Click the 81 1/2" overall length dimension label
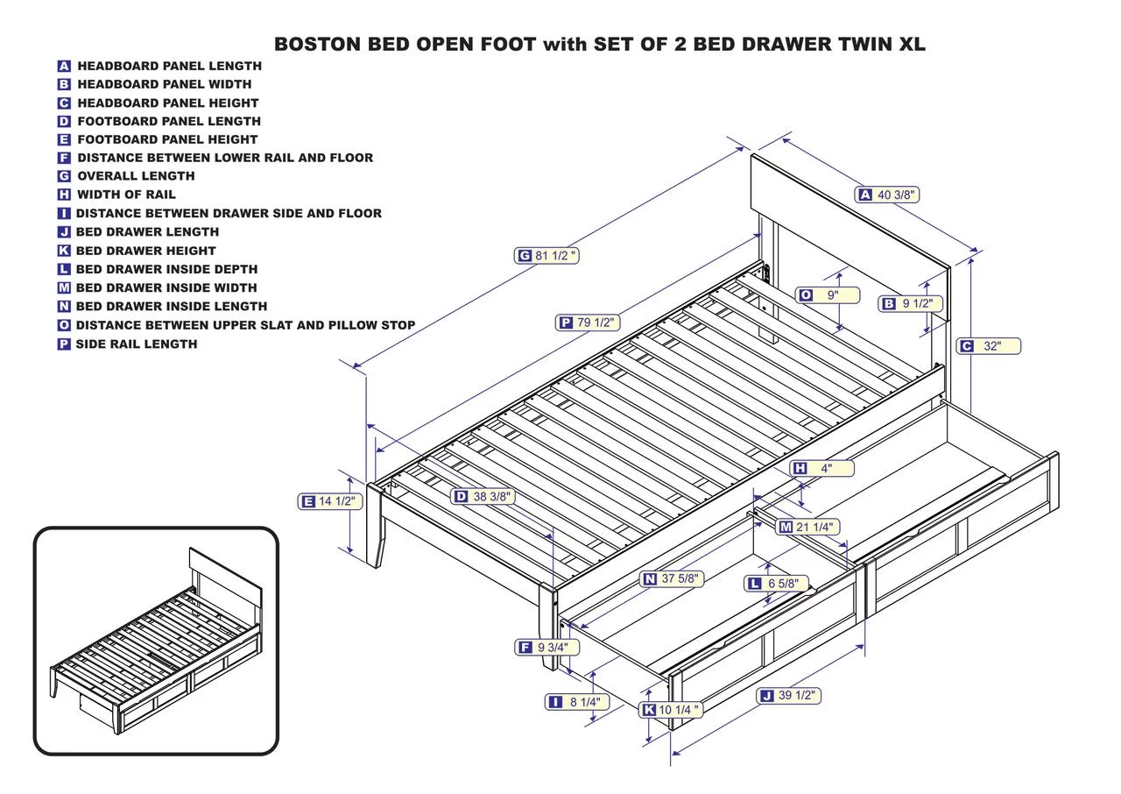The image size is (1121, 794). point(547,256)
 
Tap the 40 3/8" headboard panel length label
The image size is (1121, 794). point(888,195)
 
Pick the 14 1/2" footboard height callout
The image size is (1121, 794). point(329,501)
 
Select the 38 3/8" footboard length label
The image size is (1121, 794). point(483,496)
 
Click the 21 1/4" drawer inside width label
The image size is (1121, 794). point(807,527)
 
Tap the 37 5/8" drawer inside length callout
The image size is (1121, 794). point(673,578)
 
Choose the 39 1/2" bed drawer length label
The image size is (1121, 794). point(788,696)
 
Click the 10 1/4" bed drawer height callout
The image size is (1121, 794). point(672,710)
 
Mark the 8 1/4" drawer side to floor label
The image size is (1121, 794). point(574,702)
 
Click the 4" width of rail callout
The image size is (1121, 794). point(821,468)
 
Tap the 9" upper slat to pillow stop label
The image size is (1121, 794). point(827,295)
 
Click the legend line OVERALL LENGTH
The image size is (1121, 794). point(136,176)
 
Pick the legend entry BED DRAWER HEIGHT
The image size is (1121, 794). point(145,251)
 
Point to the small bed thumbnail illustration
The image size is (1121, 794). point(156,642)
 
